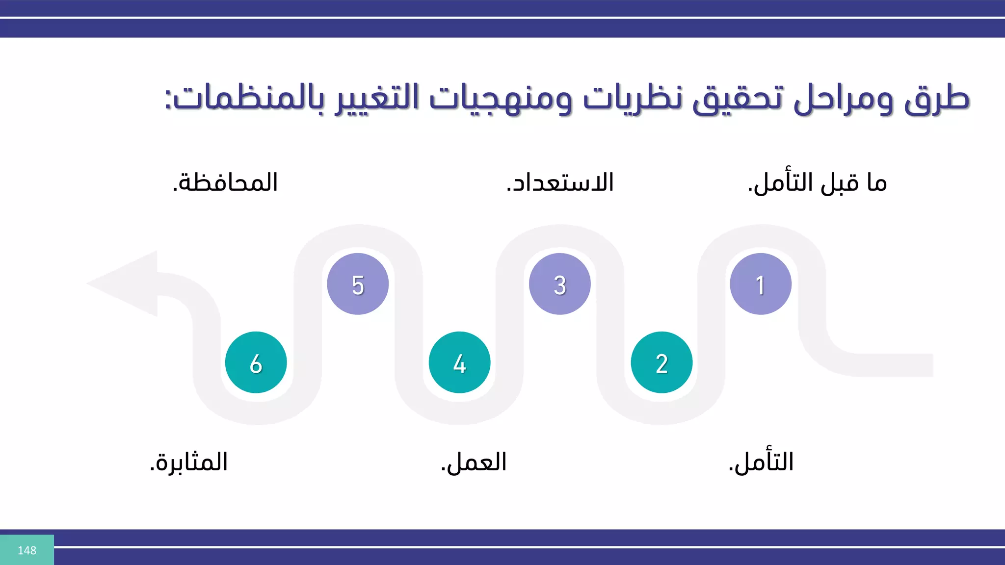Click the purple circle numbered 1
760,284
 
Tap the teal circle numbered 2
661,362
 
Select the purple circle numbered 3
559,284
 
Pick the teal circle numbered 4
459,362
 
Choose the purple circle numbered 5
358,284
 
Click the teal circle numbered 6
256,362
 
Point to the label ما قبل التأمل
817,183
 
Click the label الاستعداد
560,183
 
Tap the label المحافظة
225,183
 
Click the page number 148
27,550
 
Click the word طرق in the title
936,98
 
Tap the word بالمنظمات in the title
245,98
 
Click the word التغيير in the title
377,98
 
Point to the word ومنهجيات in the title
501,98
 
